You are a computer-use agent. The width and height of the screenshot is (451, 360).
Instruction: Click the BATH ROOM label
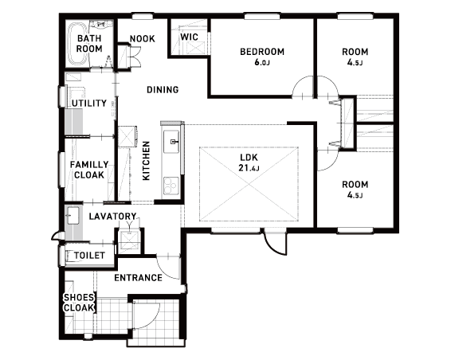click(89, 44)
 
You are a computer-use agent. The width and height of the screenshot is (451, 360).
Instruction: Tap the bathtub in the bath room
click(76, 44)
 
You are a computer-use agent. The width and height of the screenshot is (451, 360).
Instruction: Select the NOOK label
click(143, 38)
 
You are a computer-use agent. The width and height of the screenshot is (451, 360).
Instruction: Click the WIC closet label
click(190, 37)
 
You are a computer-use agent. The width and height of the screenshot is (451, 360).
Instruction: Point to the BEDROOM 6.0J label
click(262, 57)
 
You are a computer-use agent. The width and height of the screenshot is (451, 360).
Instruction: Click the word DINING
click(163, 90)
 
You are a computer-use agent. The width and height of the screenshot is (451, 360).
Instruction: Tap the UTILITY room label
click(89, 103)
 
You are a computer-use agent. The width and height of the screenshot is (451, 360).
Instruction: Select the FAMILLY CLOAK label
click(89, 170)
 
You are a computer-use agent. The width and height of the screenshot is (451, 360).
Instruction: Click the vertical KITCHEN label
click(146, 161)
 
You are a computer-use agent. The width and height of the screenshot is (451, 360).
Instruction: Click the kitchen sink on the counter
click(171, 142)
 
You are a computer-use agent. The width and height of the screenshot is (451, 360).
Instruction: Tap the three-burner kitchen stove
click(171, 186)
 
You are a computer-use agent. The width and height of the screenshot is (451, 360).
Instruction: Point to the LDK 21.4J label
click(249, 162)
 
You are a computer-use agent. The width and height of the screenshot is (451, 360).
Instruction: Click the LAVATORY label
click(112, 216)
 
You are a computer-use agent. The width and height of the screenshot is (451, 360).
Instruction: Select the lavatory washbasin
click(73, 215)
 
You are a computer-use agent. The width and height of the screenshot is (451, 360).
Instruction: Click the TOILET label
click(89, 256)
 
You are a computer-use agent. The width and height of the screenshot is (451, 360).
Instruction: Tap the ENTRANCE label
click(139, 278)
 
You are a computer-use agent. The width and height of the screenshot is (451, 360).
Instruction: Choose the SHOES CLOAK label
click(79, 303)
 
